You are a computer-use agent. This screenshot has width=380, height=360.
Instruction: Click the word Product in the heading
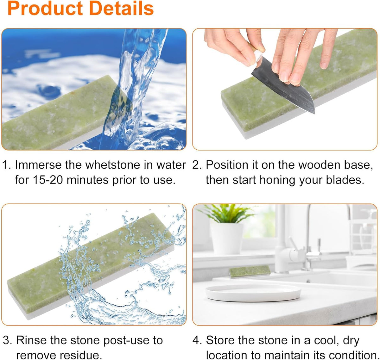click(x=45, y=8)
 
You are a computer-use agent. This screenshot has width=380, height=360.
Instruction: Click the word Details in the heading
click(x=122, y=8)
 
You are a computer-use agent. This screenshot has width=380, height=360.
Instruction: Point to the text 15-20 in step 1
click(x=47, y=180)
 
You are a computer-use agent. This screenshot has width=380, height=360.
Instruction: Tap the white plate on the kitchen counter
click(x=253, y=293)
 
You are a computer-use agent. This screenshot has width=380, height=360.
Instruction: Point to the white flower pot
click(x=226, y=239)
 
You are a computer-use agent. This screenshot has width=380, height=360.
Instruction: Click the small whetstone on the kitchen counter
click(x=250, y=271)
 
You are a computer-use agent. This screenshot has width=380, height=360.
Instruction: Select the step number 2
click(x=197, y=165)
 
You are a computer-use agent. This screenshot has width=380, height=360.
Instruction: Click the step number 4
click(x=197, y=340)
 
